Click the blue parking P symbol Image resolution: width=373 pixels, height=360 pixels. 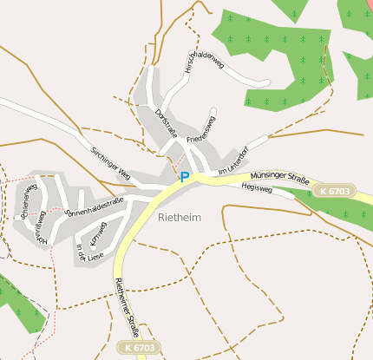click(x=184, y=177)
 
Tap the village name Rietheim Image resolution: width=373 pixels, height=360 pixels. click(x=180, y=217)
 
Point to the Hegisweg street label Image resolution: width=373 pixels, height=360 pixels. click(x=258, y=187)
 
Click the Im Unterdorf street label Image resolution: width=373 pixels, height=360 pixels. click(x=232, y=163)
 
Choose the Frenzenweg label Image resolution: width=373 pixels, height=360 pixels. click(x=203, y=128)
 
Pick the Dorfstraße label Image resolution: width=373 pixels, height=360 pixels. click(x=165, y=122)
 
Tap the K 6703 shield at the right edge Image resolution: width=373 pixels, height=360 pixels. click(x=334, y=191)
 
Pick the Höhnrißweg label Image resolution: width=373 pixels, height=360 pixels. click(x=38, y=227)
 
